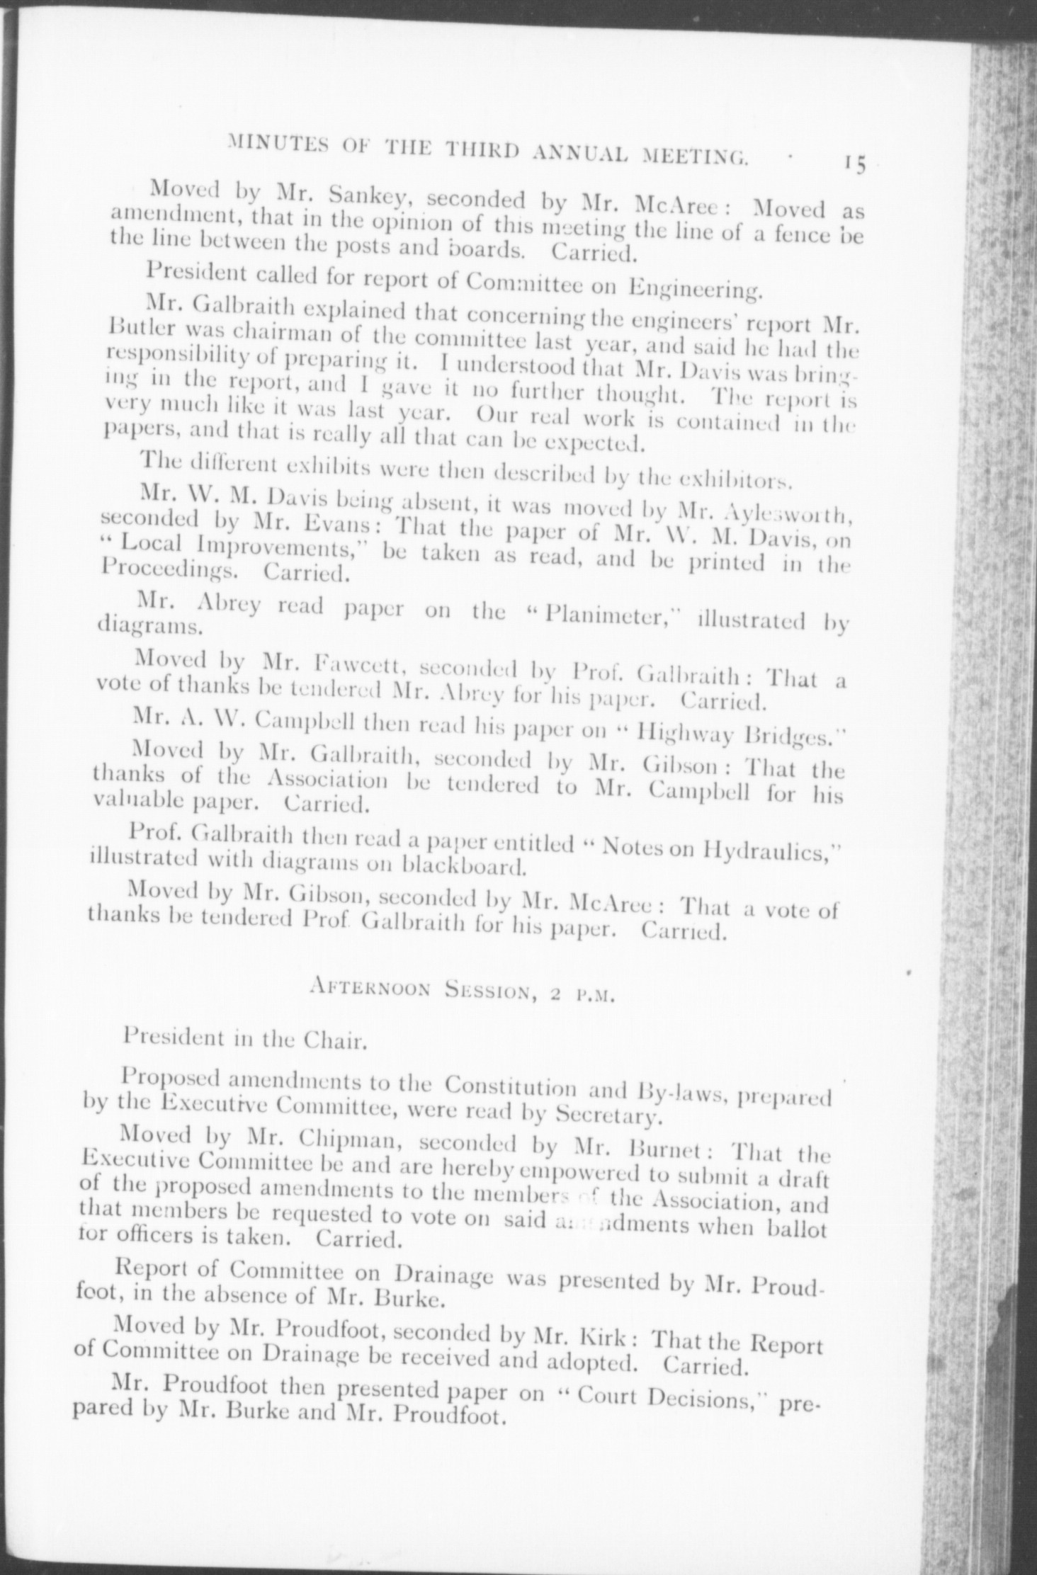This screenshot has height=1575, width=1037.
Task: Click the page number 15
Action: [x=855, y=164]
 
